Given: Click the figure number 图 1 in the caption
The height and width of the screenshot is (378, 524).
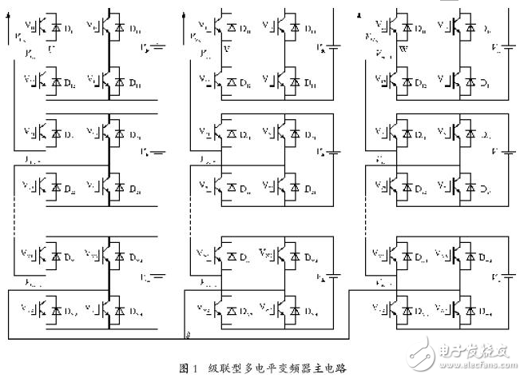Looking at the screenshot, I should point(188,368).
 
